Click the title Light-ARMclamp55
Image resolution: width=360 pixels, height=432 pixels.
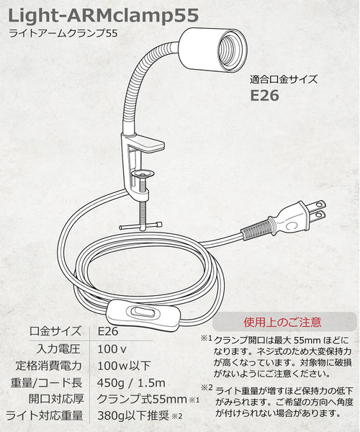(x=104, y=16)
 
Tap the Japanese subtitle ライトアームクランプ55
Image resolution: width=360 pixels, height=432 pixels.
(x=63, y=33)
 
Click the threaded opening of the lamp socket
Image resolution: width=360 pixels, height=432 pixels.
(x=231, y=51)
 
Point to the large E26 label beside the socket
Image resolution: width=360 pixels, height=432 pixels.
(x=264, y=96)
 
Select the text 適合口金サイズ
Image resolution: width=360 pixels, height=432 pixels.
(x=284, y=80)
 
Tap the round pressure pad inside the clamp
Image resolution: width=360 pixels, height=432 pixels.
(x=143, y=174)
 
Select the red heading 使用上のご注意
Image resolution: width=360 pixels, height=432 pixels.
(x=282, y=322)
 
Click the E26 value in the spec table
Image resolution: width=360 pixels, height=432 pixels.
(x=108, y=331)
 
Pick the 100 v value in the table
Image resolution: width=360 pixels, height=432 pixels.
(x=112, y=349)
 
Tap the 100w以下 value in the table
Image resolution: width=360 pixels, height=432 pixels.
(x=124, y=366)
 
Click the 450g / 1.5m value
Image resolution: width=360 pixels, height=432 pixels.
(x=131, y=383)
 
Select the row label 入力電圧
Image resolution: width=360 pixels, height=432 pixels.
(x=58, y=349)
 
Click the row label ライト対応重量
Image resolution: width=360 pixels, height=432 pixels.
(x=45, y=415)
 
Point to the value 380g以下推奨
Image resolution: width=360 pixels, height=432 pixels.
(x=133, y=415)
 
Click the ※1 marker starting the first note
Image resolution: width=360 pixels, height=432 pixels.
(x=207, y=338)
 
